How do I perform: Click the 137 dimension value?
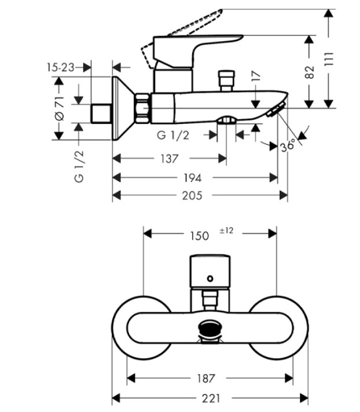[x=169, y=159]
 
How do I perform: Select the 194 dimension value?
[x=192, y=178]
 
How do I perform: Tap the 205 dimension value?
[x=192, y=196]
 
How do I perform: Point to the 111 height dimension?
[x=329, y=59]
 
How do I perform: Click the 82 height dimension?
[x=310, y=72]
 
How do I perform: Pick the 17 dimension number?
[x=256, y=76]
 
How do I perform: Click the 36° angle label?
[x=288, y=146]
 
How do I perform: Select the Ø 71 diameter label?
[x=60, y=108]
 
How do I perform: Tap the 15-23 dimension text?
[x=61, y=68]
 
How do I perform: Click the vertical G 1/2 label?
[x=79, y=166]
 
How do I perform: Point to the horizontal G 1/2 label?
[x=173, y=135]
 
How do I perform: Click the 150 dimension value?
[x=200, y=236]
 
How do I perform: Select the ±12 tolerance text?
[x=226, y=231]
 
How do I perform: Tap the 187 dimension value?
[x=206, y=378]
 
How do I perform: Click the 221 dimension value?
[x=211, y=398]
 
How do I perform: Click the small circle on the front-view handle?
[x=210, y=278]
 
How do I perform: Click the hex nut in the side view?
[x=142, y=108]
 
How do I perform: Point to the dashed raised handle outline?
[x=182, y=37]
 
